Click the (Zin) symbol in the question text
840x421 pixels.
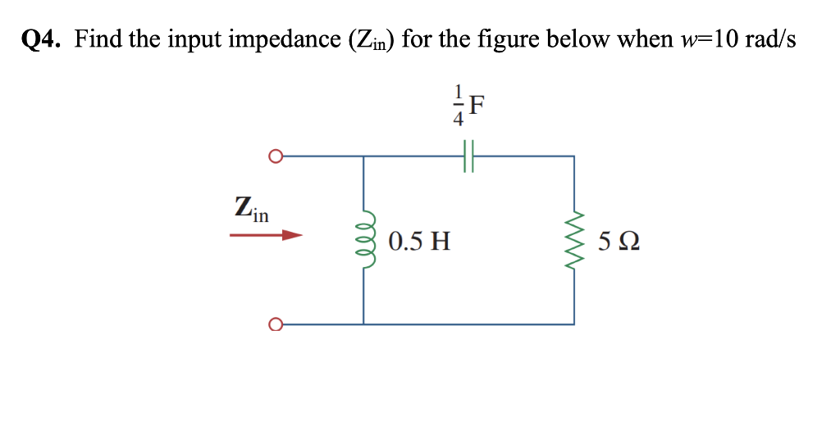(364, 39)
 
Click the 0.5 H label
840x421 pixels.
(419, 242)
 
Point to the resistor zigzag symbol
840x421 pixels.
(574, 240)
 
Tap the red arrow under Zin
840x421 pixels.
(266, 236)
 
